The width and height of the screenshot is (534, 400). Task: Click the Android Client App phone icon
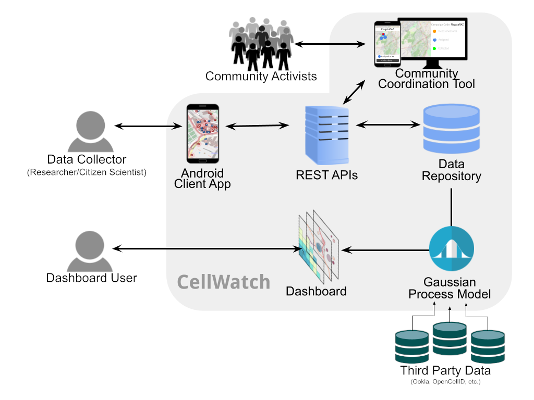tap(203, 133)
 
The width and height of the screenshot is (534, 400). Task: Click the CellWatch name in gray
tap(224, 282)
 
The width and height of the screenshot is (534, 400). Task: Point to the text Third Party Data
tap(445, 371)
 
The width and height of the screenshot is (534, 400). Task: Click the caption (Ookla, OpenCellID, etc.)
tap(445, 382)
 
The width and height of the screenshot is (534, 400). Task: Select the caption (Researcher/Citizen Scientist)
tap(87, 172)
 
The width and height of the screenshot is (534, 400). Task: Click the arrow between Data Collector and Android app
tap(148, 126)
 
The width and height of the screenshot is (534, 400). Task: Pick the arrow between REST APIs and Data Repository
tap(388, 124)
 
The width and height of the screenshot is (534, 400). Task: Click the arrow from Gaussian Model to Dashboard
tap(384, 251)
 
